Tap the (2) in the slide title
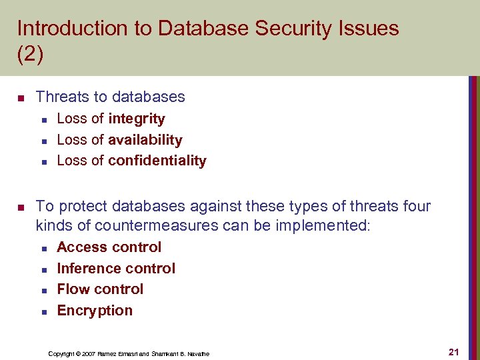pos(30,54)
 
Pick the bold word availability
pos(145,140)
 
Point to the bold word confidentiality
pos(157,161)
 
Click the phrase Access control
pos(109,247)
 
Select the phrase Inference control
pos(116,269)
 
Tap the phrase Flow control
pos(100,289)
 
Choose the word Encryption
pos(95,311)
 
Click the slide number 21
pos(454,352)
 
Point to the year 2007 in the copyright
pos(87,353)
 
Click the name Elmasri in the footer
pos(129,353)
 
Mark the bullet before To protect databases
pos(21,207)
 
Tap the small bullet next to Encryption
pos(43,311)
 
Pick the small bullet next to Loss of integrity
pos(43,120)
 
